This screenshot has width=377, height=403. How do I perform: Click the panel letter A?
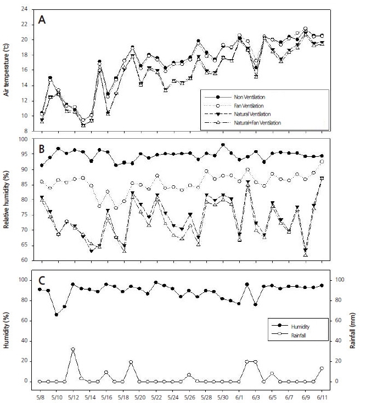tap(42, 20)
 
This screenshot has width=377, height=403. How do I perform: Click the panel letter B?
tap(42, 149)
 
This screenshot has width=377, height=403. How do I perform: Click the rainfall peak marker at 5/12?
tap(73, 349)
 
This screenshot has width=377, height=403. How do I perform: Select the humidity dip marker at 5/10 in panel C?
tap(57, 314)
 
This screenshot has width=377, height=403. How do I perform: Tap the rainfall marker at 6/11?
tap(322, 368)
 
